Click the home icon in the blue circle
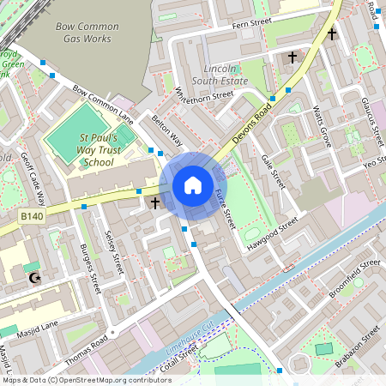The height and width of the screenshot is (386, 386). pyautogui.click(x=193, y=184)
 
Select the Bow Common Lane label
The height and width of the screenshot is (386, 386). pyautogui.click(x=103, y=103)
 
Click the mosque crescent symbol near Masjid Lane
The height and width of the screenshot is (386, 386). pyautogui.click(x=34, y=277)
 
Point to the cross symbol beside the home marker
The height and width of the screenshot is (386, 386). pyautogui.click(x=155, y=203)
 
